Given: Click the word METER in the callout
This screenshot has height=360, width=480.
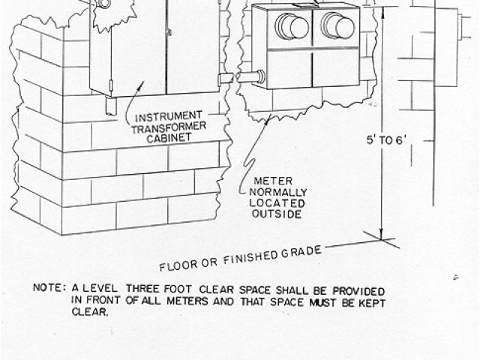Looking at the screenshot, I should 268,181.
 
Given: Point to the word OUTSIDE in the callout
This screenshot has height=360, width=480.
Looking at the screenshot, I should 275,214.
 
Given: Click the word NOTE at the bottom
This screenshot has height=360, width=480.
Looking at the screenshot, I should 47,287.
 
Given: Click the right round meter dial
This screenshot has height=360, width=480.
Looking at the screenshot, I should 338,25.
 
